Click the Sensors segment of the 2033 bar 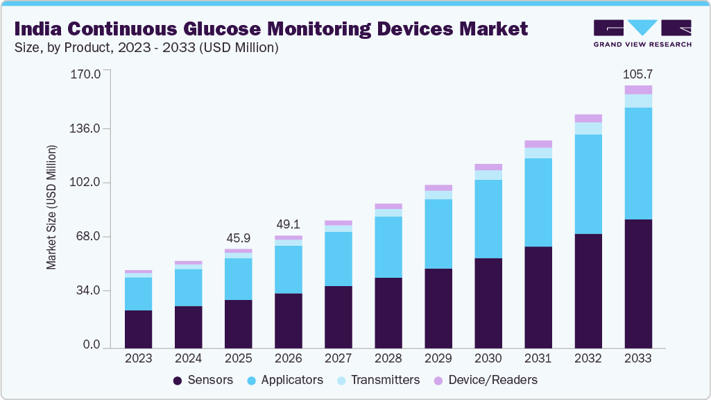pos(638,283)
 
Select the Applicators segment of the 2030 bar pos(488,219)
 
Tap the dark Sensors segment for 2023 pos(139,329)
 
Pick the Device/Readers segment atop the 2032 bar pos(588,118)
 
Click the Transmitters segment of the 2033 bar pos(638,101)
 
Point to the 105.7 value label pos(638,74)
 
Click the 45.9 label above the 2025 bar pos(239,238)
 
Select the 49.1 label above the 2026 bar pos(289,225)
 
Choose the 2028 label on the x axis pos(388,359)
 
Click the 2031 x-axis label pos(538,359)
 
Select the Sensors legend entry pos(203,380)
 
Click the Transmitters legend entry pos(377,380)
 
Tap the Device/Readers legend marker pos(438,381)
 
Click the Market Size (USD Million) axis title pos(51,207)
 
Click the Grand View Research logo pos(642,33)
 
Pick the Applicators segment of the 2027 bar pos(339,259)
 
